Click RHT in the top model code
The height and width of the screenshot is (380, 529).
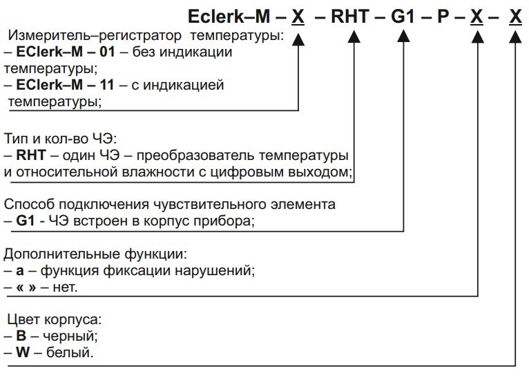tap(350, 17)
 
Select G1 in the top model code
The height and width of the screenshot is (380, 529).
tap(403, 17)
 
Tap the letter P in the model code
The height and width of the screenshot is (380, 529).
tap(443, 17)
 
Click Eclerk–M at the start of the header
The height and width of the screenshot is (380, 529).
tap(229, 17)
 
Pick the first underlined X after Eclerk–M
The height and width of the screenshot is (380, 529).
tap(298, 17)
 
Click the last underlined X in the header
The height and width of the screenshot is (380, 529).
tap(515, 17)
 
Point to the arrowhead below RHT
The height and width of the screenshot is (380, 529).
tap(354, 37)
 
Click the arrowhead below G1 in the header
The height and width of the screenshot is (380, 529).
tap(403, 37)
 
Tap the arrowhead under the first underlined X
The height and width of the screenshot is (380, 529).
tap(298, 39)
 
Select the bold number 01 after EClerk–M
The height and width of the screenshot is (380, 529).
tap(107, 52)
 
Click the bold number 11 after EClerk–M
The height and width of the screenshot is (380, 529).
tap(106, 85)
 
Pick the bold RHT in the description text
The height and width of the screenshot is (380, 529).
tap(31, 155)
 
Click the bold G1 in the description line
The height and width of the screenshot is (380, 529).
tap(26, 221)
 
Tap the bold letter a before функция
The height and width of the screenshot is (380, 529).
tap(20, 271)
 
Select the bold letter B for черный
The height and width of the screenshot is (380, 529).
tap(21, 336)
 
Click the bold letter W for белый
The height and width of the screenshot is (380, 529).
tap(23, 352)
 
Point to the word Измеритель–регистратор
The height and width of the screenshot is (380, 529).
tap(95, 35)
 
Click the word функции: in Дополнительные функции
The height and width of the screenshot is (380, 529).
tap(155, 254)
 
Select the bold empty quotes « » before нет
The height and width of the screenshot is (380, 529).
tap(26, 288)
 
